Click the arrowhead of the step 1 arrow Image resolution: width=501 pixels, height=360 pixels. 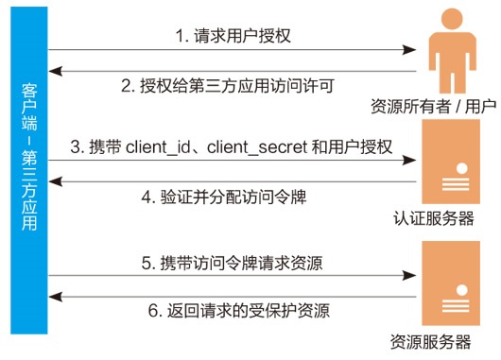(x=413, y=49)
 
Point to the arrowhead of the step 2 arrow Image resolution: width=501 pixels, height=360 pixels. (x=53, y=70)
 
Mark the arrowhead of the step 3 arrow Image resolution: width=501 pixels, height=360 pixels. (x=413, y=163)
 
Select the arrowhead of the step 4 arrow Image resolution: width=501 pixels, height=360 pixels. (x=53, y=181)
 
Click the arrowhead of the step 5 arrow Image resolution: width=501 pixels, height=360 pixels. (x=413, y=276)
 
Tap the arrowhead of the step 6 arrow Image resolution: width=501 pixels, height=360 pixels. (x=53, y=297)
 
